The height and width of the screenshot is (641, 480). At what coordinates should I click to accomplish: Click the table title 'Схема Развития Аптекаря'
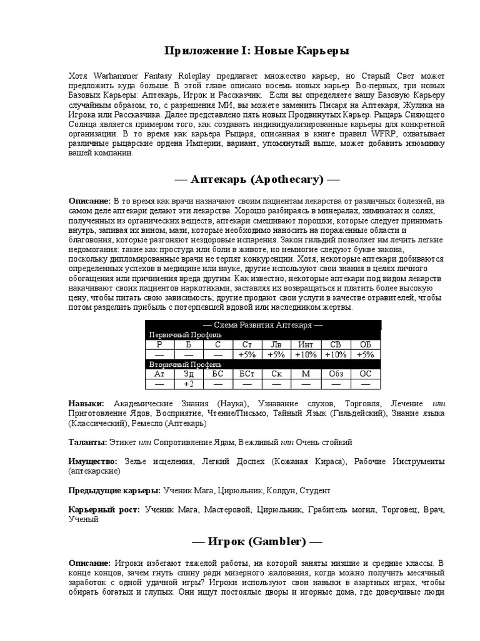[263, 325]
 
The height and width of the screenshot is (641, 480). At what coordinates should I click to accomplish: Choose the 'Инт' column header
[306, 345]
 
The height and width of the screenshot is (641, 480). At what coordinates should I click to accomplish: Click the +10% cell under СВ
[336, 354]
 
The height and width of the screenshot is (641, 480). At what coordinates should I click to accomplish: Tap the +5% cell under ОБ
[366, 354]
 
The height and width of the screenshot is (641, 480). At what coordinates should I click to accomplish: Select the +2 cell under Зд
[189, 384]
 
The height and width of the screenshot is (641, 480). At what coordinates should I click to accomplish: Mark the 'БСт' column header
[247, 374]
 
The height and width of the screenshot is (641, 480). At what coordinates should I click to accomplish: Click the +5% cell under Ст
[247, 354]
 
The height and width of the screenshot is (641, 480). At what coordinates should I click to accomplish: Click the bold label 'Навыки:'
[86, 404]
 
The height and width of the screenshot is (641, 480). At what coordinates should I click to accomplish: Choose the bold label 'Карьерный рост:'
[104, 510]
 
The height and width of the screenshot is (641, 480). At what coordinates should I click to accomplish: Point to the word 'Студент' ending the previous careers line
[314, 490]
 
